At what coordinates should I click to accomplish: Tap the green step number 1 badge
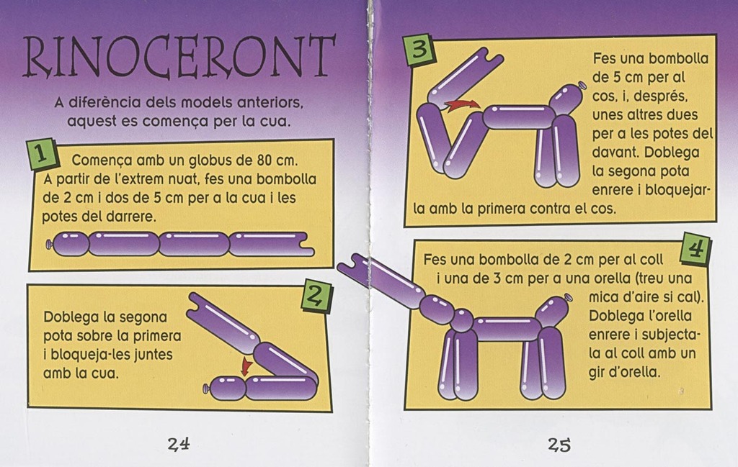click(42, 154)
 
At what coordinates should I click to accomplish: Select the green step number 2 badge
click(316, 296)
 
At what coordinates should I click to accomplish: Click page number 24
click(179, 443)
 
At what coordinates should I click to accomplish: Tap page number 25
click(559, 444)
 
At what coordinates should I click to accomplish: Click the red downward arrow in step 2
click(245, 366)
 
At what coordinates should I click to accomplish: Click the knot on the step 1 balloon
click(48, 245)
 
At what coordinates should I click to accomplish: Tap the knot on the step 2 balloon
click(205, 389)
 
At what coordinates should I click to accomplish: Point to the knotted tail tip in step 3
click(582, 86)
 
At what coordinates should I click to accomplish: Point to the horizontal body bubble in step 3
click(517, 116)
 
